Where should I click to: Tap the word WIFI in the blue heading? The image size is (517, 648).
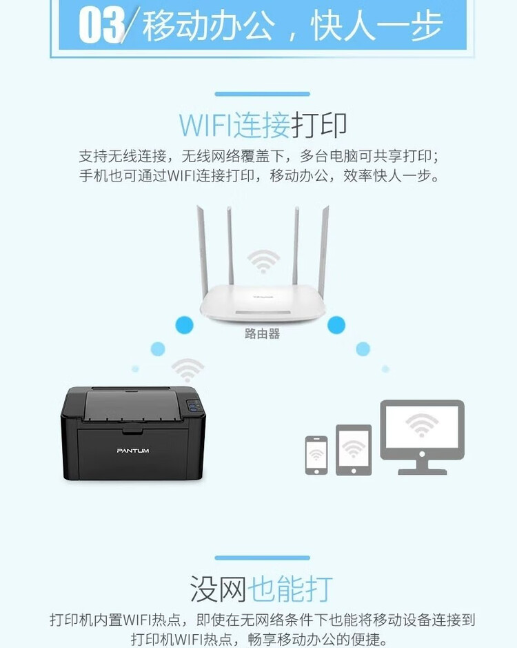coord(205,125)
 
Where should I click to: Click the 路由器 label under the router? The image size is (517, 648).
coord(262,334)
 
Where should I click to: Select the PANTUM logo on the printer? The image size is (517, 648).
coord(133,451)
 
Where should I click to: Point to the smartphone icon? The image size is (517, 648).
coord(316,455)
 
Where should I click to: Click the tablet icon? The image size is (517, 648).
coord(354,449)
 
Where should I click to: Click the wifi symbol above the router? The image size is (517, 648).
coord(263,262)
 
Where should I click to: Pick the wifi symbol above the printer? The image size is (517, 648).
coord(187,370)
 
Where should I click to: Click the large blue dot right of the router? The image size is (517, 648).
coord(336,324)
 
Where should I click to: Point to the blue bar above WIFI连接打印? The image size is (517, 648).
coord(262,94)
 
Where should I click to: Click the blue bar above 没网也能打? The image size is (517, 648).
coord(262,558)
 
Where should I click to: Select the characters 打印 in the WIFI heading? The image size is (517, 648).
coord(318,125)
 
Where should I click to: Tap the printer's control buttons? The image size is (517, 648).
coord(195,408)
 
